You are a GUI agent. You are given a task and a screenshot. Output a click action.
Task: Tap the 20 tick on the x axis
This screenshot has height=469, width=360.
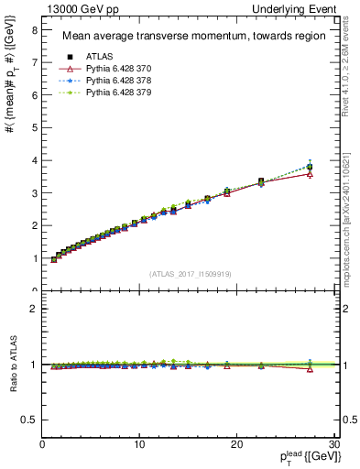(236, 443)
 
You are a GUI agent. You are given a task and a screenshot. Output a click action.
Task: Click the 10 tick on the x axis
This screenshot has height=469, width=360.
(139, 443)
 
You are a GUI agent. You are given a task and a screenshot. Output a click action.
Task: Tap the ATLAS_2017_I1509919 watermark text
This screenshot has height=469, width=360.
(191, 273)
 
